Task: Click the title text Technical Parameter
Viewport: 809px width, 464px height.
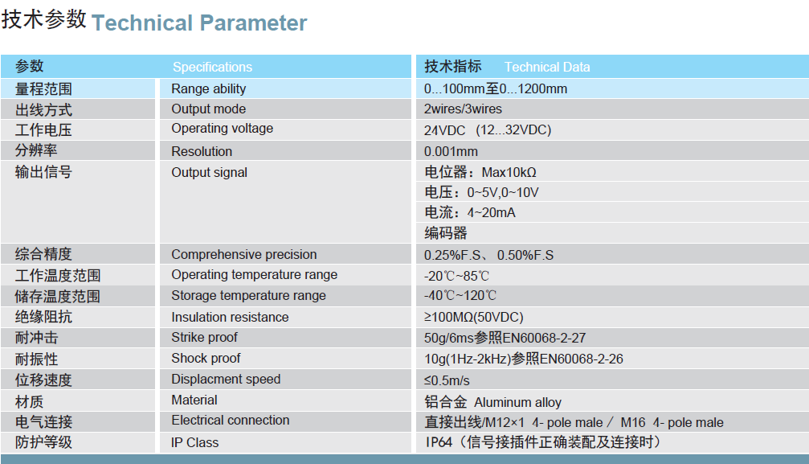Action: point(199,23)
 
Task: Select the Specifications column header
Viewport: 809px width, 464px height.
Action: point(212,68)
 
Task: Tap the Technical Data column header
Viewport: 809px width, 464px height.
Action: point(547,68)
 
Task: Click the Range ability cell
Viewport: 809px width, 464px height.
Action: point(208,89)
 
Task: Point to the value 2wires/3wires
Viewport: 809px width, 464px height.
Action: point(463,109)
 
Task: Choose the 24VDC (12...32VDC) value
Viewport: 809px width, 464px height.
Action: point(488,130)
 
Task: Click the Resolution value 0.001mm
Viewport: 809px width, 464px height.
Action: point(451,151)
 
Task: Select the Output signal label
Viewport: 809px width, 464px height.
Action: point(209,173)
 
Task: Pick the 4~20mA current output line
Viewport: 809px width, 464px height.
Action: point(469,212)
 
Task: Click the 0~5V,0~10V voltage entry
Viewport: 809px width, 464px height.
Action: point(481,192)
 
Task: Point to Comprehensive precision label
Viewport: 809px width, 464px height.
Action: point(244,255)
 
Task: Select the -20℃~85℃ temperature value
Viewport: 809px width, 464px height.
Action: point(456,276)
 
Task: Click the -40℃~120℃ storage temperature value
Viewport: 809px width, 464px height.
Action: point(460,296)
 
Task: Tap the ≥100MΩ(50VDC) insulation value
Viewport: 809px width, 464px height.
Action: point(474,318)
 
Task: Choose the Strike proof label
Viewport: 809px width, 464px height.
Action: point(204,338)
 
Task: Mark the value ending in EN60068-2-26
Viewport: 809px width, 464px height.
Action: point(524,359)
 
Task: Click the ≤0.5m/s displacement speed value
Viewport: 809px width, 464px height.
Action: point(447,381)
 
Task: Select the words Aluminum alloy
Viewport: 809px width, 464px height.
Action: point(517,403)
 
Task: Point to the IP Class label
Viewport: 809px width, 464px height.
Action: point(194,443)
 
